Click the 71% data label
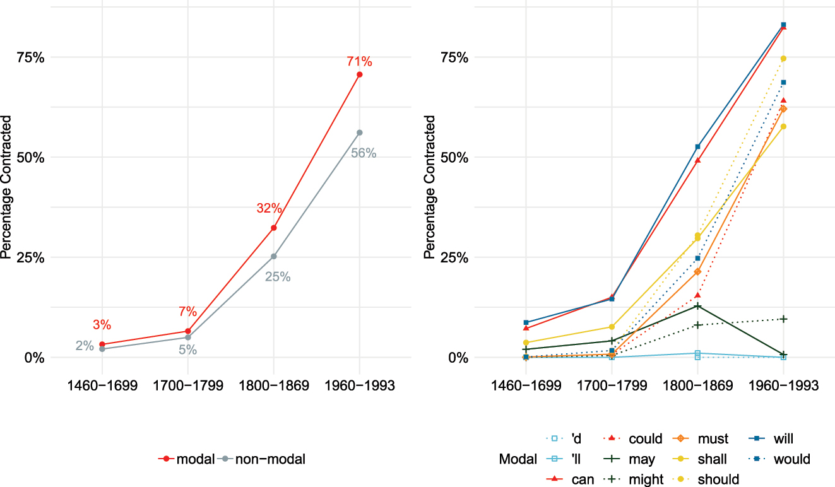(359, 62)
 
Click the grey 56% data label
(364, 153)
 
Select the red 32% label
(269, 209)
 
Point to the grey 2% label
(85, 346)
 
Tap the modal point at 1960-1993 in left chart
(360, 74)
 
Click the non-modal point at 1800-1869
(274, 256)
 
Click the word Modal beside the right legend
(516, 459)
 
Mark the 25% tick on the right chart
(456, 257)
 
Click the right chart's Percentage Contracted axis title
(430, 187)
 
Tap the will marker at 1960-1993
(783, 25)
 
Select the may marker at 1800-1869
(697, 306)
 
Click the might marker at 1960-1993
(783, 319)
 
